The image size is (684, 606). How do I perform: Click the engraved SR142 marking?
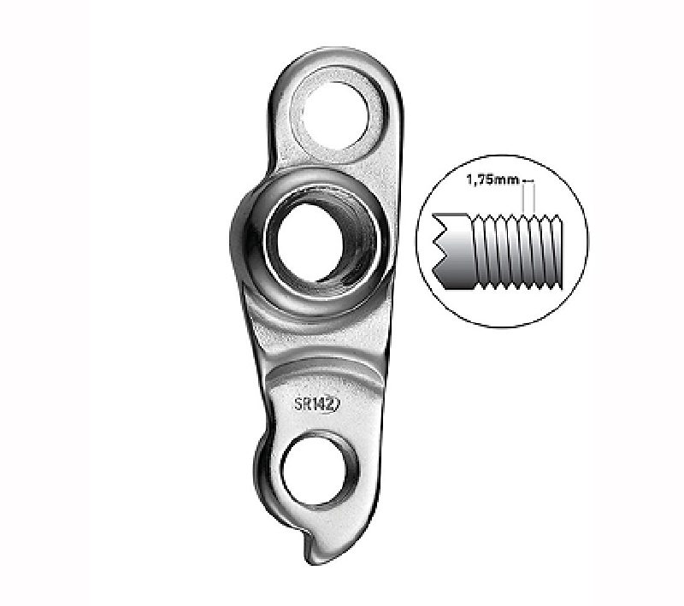316,404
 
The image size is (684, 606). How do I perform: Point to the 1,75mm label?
492,179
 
